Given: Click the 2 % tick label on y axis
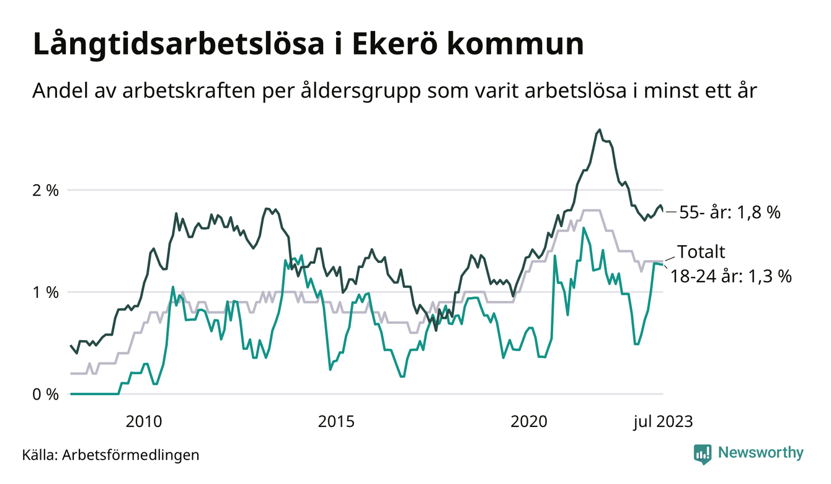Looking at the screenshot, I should (45, 190).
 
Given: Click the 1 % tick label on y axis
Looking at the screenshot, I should (45, 292).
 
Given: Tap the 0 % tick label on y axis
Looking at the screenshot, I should (45, 395).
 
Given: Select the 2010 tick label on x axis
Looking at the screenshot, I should (144, 422).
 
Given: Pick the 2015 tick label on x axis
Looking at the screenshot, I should (336, 422).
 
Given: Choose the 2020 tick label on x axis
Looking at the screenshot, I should (528, 422).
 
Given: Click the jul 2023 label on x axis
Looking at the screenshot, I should (662, 422).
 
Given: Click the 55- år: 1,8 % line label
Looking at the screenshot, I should (730, 212).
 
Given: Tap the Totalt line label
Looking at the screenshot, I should (701, 252).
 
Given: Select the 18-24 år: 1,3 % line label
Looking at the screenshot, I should (731, 276).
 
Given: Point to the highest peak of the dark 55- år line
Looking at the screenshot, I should (599, 130).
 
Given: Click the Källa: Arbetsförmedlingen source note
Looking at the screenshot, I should (111, 455).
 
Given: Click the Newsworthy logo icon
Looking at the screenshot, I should (703, 453).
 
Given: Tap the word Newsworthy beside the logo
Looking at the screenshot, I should (760, 453).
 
